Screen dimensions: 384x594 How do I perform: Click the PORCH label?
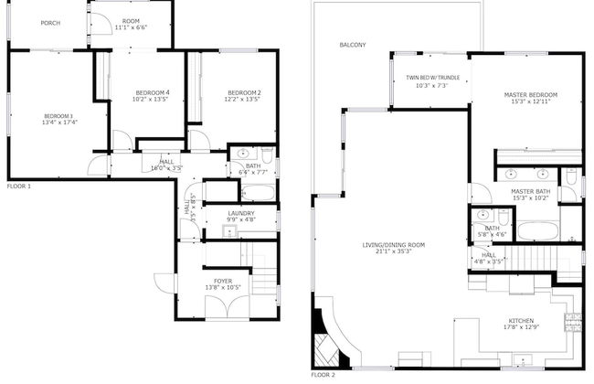click(x=50, y=23)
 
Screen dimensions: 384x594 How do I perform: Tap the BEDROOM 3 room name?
click(x=58, y=115)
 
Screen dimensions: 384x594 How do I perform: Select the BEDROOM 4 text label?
click(x=153, y=93)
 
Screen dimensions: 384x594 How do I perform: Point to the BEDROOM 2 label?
click(x=244, y=93)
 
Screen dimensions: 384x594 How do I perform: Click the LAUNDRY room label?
click(x=241, y=213)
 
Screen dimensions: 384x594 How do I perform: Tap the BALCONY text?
click(x=353, y=45)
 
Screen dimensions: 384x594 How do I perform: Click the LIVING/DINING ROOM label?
click(x=394, y=245)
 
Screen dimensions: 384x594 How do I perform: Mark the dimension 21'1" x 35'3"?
click(x=394, y=252)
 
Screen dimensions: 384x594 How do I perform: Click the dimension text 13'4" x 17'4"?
click(x=58, y=123)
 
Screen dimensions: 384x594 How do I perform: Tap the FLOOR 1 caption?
click(x=19, y=186)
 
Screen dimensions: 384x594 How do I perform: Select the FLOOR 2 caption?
click(x=323, y=375)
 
